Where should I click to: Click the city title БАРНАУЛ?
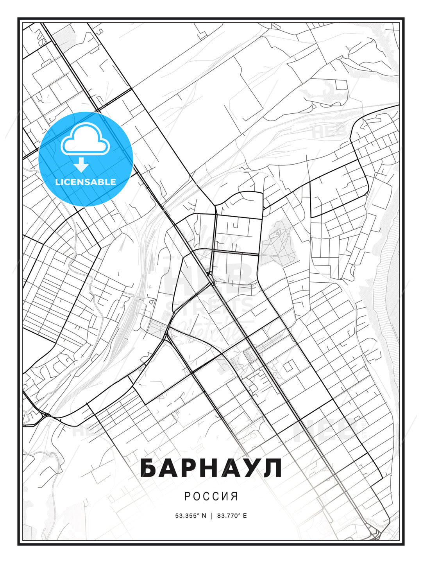(211, 468)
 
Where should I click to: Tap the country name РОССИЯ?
(211, 497)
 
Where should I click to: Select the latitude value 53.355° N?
(191, 516)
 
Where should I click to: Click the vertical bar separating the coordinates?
(211, 516)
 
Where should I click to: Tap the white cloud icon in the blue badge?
(84, 139)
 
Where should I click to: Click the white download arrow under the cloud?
(81, 165)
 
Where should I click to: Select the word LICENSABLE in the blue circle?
(86, 182)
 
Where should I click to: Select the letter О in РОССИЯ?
(197, 497)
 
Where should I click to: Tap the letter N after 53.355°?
(204, 516)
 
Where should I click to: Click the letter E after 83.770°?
(245, 516)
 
